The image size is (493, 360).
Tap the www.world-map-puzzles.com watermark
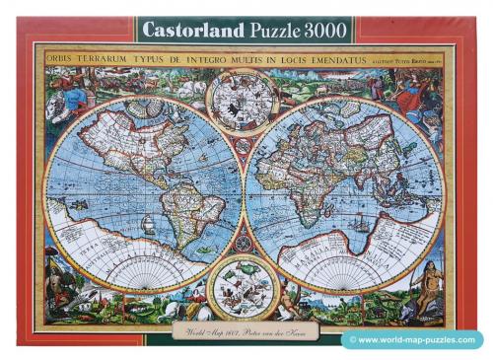click(x=419, y=341)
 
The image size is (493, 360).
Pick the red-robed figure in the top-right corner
click(x=414, y=89)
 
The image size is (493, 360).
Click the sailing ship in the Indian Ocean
click(x=366, y=222)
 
